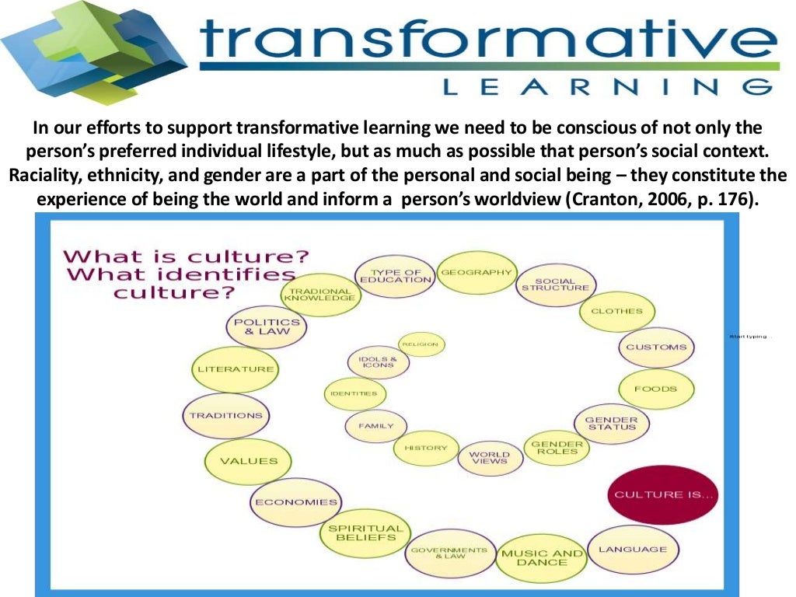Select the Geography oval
477,273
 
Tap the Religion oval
421,344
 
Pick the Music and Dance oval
541,557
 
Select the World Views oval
490,459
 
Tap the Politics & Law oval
267,326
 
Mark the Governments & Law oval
449,553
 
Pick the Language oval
632,550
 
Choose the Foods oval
655,389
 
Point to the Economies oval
296,502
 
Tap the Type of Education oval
396,276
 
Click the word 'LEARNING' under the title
607,89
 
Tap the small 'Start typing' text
749,337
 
